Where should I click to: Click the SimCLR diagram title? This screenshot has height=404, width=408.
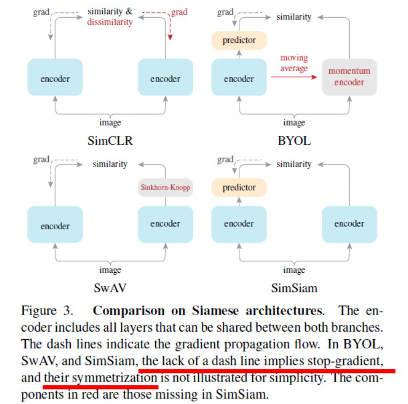110,141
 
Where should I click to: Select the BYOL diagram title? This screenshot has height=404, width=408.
294,141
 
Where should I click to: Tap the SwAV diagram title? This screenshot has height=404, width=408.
110,288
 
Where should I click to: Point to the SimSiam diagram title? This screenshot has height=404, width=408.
294,288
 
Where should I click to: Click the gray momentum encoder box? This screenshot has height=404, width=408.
349,77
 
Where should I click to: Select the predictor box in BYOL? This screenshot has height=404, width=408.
239,40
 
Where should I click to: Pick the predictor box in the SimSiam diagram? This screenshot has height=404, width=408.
239,188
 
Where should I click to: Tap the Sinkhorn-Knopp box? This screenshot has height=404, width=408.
165,188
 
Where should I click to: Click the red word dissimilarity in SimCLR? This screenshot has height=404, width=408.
110,23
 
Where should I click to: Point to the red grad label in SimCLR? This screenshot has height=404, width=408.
179,12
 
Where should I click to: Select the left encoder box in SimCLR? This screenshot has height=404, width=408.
55,79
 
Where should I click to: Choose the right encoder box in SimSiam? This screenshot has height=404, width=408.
349,224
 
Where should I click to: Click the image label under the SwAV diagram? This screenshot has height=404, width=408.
110,270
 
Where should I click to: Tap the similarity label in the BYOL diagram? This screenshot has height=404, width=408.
293,17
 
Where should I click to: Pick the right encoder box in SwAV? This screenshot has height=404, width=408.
165,224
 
